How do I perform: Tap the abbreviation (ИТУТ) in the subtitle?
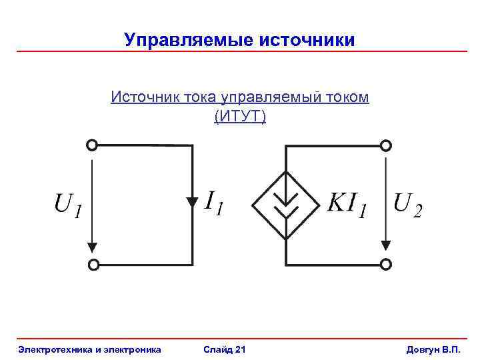239,117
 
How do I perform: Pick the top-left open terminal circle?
93,145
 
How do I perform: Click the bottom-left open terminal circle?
93,265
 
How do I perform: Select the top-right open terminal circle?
385,145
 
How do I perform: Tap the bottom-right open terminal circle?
385,265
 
